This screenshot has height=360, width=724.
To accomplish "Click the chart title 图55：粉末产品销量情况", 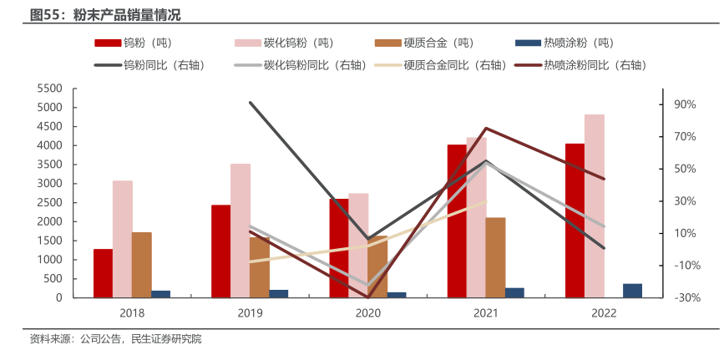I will [x=104, y=15].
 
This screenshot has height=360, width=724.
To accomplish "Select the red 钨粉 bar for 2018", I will [x=103, y=273].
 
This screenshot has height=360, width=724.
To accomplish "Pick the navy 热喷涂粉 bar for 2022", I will [x=632, y=291].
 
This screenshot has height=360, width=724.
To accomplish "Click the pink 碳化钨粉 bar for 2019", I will [x=240, y=231].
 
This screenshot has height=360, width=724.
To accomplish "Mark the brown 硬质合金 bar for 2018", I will [x=142, y=265].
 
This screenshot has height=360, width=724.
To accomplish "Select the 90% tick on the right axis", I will [x=685, y=104].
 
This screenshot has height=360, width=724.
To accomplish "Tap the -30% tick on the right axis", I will [x=685, y=297].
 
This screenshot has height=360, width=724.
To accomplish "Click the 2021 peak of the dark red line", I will [x=486, y=129].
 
